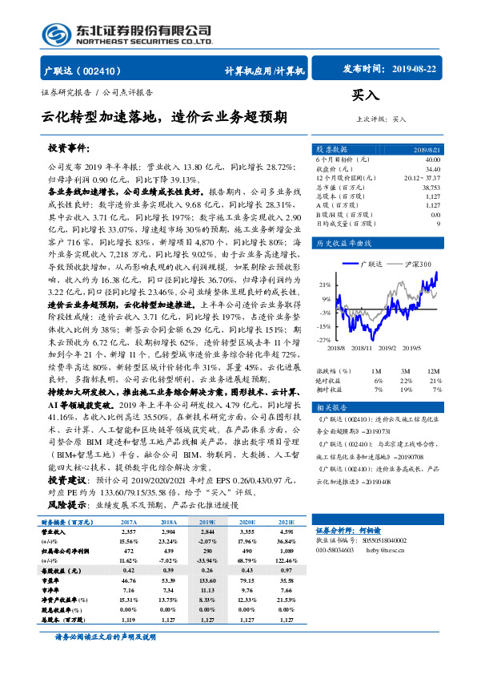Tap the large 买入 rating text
coord(366,94)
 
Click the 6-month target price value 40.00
coord(432,160)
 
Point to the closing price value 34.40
coord(432,169)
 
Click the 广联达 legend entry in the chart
coord(379,263)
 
